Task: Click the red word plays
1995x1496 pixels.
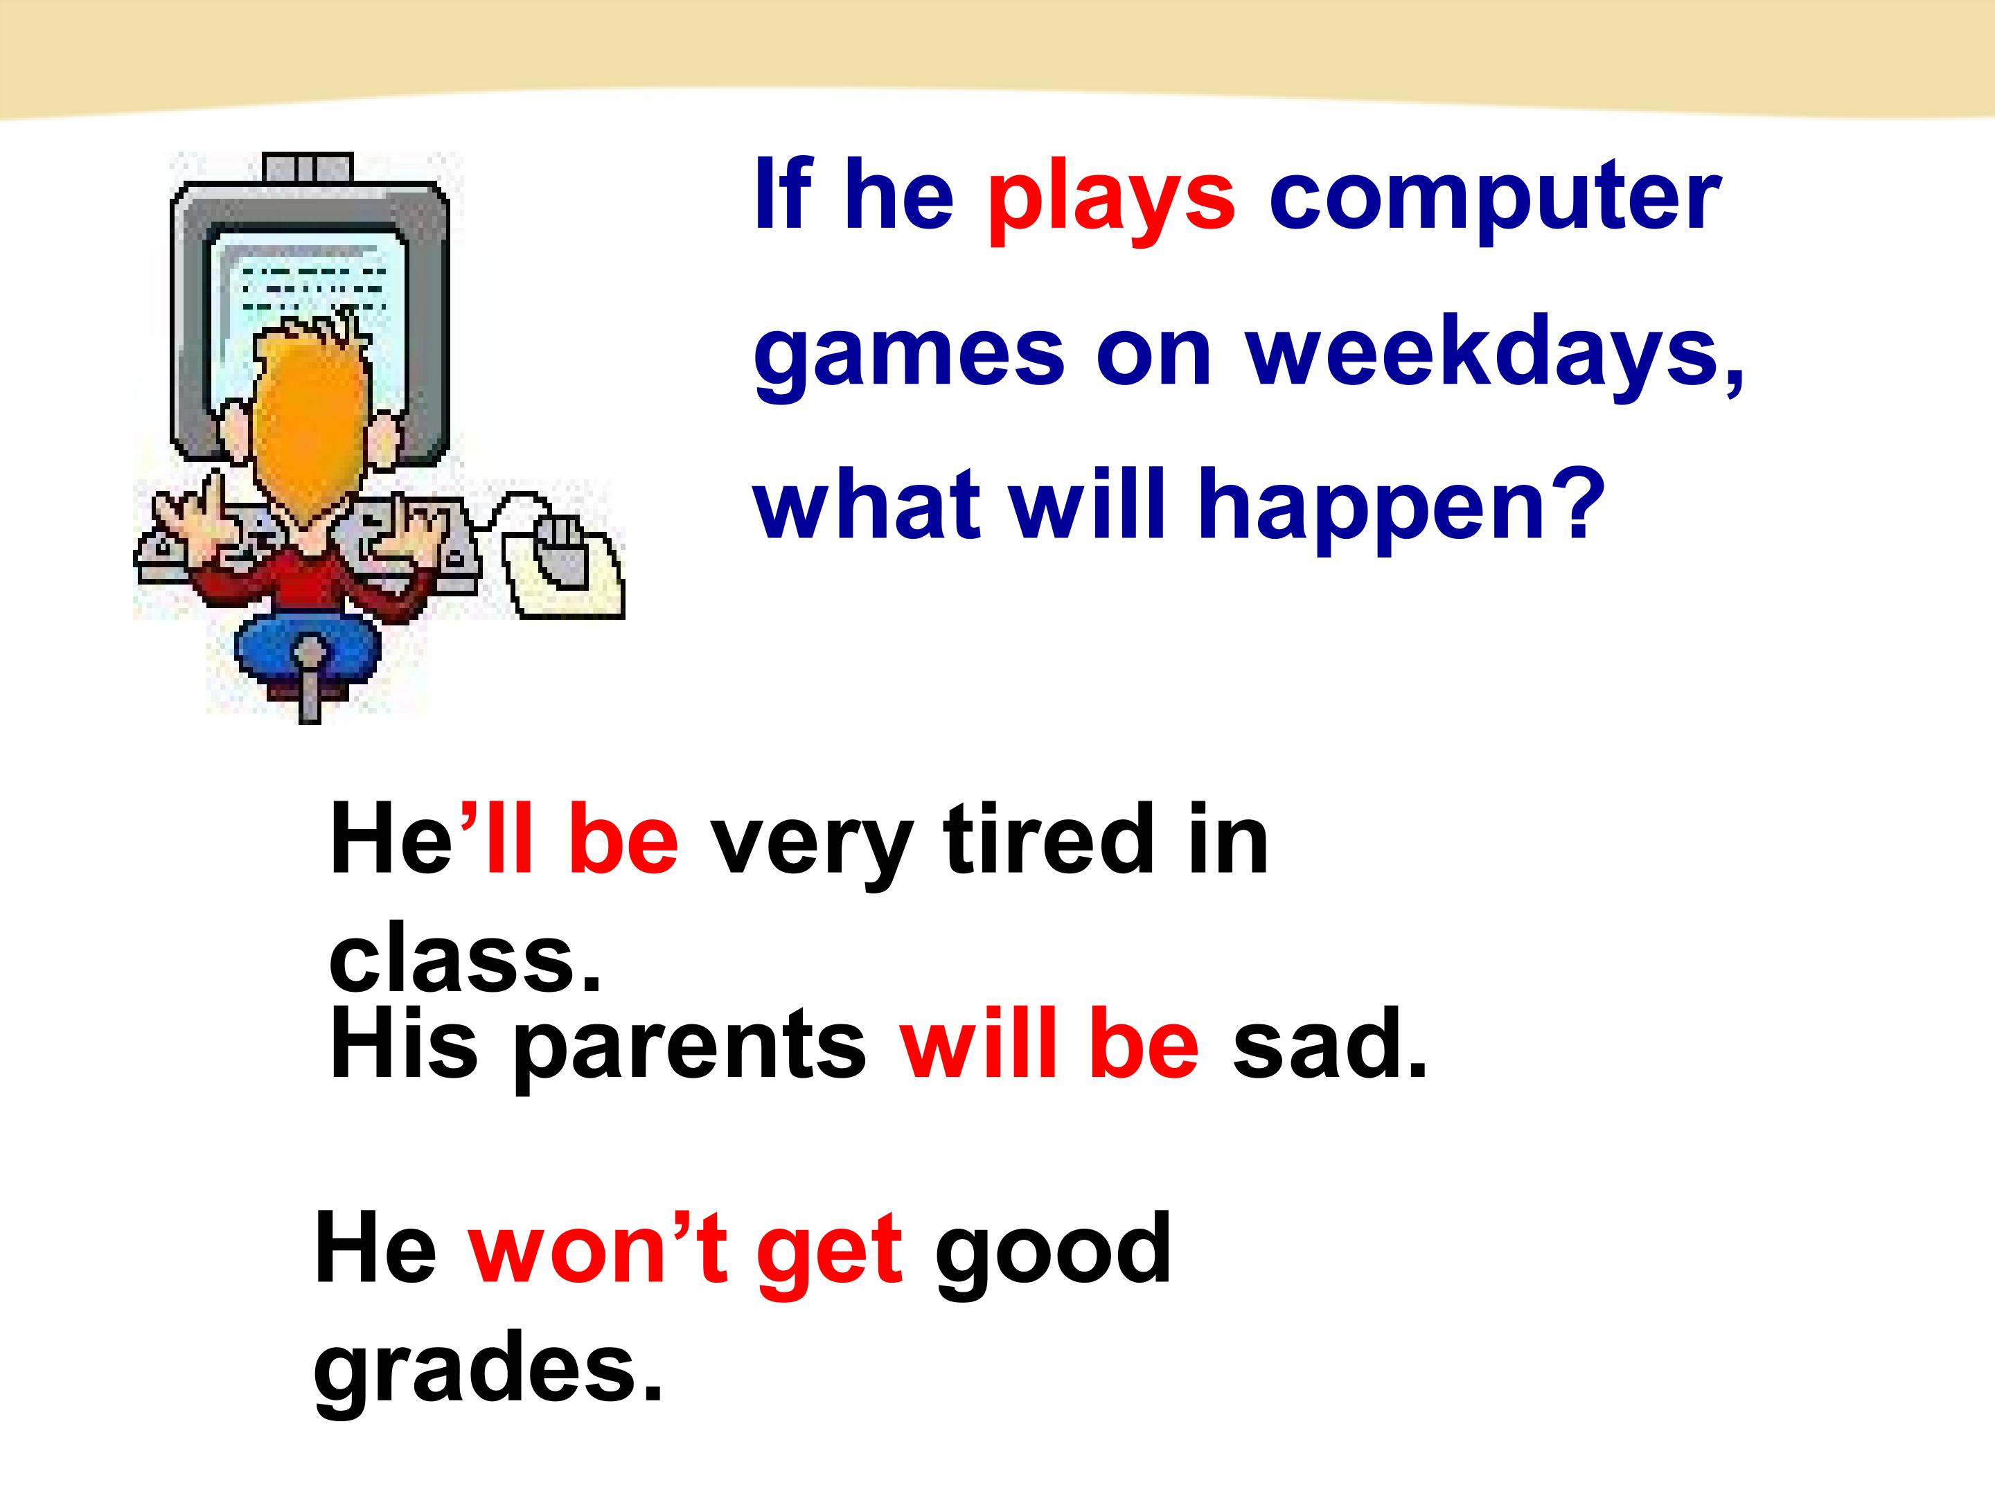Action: click(x=1110, y=197)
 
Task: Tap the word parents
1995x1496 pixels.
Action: click(x=689, y=1046)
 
